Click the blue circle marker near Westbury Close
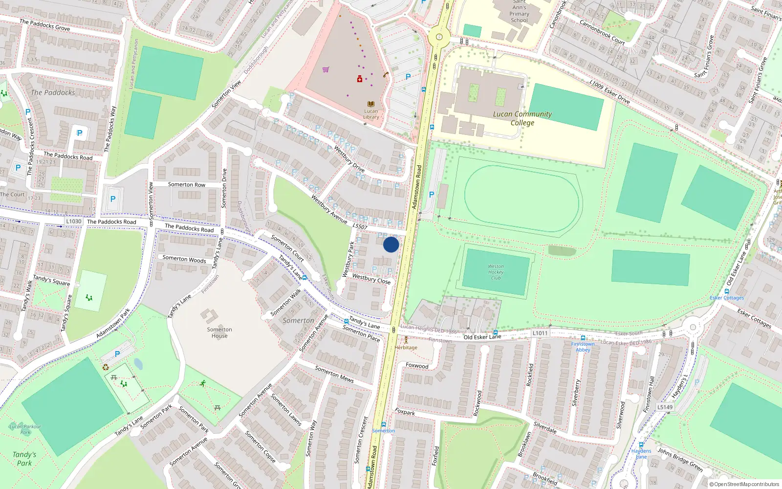tap(391, 244)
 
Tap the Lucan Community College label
tap(522, 118)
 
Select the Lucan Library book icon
tap(371, 104)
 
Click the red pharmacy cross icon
tap(360, 79)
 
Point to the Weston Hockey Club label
tap(496, 272)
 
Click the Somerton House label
tap(219, 333)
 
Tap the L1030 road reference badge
tap(74, 222)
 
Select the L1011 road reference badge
tap(540, 333)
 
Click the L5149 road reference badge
tap(665, 407)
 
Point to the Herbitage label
tap(406, 347)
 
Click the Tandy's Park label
tap(24, 459)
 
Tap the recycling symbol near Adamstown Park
tap(106, 367)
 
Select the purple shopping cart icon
tap(326, 69)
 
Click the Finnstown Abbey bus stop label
tap(583, 347)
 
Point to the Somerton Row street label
tap(186, 184)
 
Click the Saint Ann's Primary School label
tap(519, 12)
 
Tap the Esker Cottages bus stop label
tap(727, 298)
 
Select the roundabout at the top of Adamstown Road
tap(439, 37)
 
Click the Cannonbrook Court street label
tap(602, 32)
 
